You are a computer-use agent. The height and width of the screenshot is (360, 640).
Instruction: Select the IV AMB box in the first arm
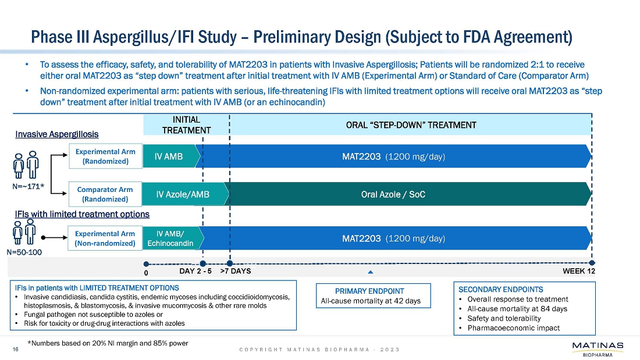[x=169, y=156]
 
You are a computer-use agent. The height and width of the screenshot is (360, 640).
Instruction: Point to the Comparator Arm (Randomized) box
[x=105, y=194]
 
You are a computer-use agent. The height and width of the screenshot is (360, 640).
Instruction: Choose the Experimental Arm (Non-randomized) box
[x=105, y=238]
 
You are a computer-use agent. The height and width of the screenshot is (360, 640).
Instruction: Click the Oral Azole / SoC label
[x=393, y=194]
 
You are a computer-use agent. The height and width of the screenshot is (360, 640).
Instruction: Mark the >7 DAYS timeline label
[x=236, y=271]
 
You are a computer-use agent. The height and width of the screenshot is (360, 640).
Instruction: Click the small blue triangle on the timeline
[x=370, y=272]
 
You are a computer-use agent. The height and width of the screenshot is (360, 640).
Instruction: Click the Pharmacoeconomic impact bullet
[x=513, y=327]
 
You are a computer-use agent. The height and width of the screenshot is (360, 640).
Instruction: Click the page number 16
[x=16, y=349]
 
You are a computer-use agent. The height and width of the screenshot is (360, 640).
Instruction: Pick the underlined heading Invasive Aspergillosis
[x=56, y=134]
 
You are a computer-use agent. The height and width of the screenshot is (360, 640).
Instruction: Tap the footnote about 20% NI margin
[x=108, y=343]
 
